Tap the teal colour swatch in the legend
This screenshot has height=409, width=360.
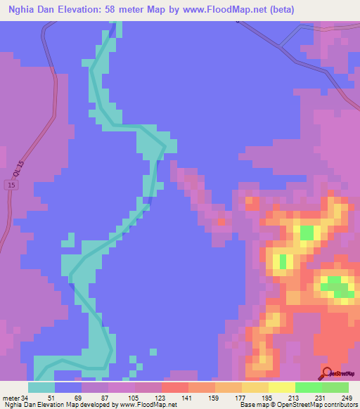coord(41,387)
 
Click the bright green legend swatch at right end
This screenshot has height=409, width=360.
coord(335,387)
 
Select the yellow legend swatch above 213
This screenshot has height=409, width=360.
coord(281,387)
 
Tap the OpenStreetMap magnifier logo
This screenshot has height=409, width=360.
coord(327,373)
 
